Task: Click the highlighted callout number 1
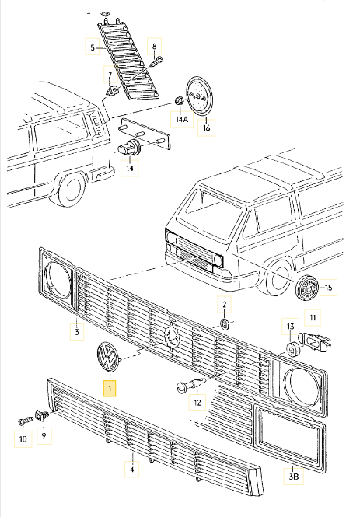tap(110, 387)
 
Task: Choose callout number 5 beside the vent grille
tap(92, 48)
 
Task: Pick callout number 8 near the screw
tap(154, 47)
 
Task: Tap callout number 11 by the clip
tap(313, 319)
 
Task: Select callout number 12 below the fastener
tap(197, 403)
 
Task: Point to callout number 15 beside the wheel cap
tap(328, 288)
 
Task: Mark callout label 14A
tap(181, 121)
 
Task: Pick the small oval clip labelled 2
tap(222, 322)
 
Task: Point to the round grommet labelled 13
tap(290, 345)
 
